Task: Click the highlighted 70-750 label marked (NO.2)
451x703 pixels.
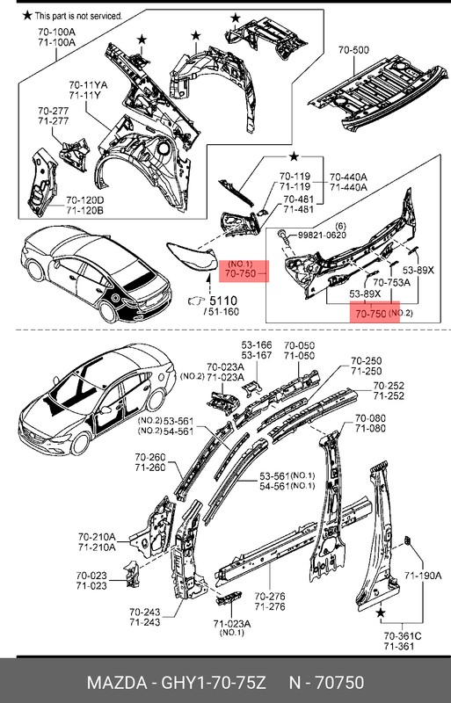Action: [x=374, y=313]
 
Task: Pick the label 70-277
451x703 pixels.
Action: [x=54, y=111]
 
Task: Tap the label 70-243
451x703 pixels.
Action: [x=173, y=612]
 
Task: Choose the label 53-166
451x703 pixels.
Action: [x=257, y=345]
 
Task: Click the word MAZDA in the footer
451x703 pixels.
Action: [x=110, y=684]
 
